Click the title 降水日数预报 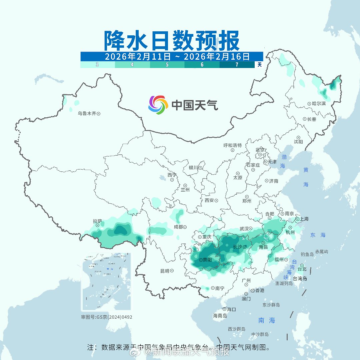tap(172, 41)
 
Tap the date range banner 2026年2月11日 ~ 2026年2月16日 tap(172, 56)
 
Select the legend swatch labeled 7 tap(237, 65)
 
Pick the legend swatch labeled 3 tap(97, 65)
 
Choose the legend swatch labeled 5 tap(167, 65)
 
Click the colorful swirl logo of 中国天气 tap(158, 105)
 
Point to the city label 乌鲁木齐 tap(87, 114)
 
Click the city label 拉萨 tap(97, 221)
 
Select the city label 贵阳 tap(207, 260)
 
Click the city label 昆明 tap(165, 271)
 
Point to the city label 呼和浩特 tap(232, 145)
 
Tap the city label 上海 tap(304, 219)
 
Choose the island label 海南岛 tap(220, 316)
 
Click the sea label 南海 tap(267, 320)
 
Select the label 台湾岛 tap(300, 279)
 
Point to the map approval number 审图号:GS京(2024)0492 tap(107, 317)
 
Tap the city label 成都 tap(178, 227)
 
